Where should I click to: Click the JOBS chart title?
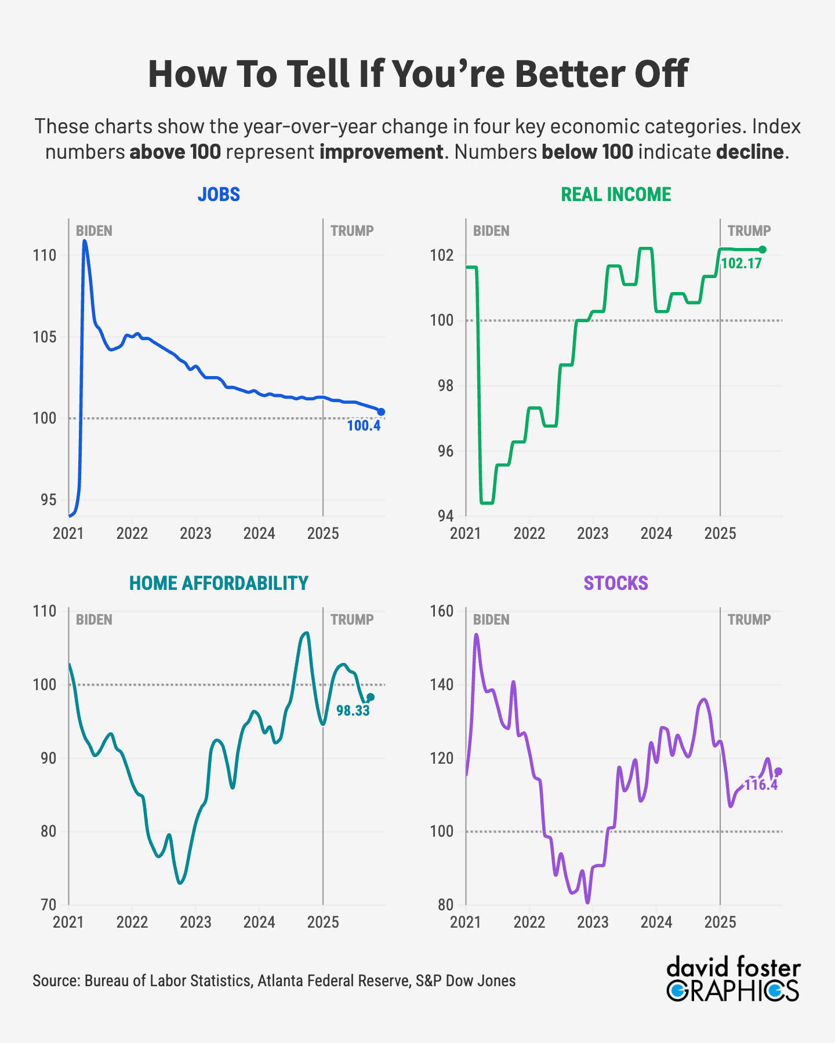219,194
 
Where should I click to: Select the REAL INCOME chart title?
616,194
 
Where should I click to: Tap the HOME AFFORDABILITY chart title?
219,583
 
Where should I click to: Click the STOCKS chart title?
616,583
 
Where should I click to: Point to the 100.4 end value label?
364,426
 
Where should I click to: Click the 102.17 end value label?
741,264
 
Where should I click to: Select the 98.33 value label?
353,710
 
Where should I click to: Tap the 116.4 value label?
761,785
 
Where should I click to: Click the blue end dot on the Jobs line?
381,412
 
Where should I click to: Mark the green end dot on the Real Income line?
763,250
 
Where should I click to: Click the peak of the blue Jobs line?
85,240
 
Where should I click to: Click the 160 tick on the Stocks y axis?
442,611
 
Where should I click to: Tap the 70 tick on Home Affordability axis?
49,905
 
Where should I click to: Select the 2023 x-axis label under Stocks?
593,922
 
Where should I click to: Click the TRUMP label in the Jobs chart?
352,231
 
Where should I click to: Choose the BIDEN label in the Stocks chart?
491,619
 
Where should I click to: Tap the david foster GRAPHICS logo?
734,980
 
